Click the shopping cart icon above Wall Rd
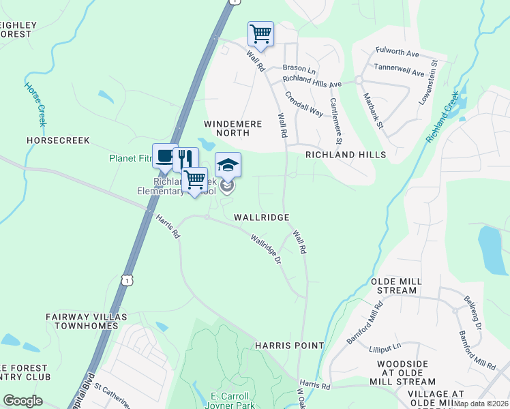[260, 33]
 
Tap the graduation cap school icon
[228, 164]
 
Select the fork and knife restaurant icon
[184, 159]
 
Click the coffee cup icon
[165, 156]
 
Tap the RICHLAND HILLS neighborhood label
[345, 155]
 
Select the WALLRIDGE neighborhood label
[262, 217]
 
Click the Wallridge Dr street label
[266, 250]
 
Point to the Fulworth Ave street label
[397, 52]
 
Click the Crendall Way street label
[304, 104]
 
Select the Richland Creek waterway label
[443, 117]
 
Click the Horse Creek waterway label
[35, 104]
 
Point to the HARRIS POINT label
[289, 346]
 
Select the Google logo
[22, 401]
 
